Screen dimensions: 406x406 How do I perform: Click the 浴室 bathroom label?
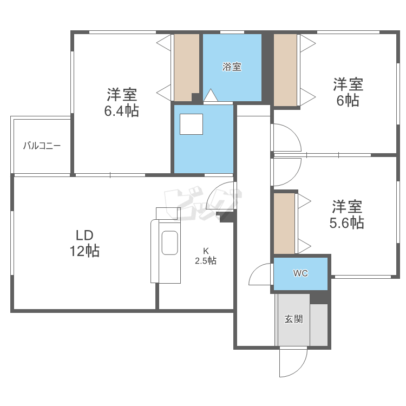coord(232,67)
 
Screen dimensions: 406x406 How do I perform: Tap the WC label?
coord(300,273)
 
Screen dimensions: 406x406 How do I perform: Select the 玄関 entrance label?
coord(293,319)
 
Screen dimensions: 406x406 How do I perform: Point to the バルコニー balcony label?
coord(42,146)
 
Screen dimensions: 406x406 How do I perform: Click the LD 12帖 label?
coord(84,243)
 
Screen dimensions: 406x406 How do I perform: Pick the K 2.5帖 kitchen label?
coord(206,256)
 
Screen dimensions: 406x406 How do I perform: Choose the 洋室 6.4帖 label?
coord(121,102)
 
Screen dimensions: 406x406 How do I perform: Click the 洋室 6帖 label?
coord(348,92)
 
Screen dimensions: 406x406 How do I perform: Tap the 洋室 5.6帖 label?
coord(347,214)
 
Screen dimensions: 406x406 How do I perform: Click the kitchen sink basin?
coord(170,243)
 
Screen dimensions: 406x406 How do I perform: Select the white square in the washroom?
coord(191,125)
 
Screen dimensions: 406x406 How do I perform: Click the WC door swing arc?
coord(260,274)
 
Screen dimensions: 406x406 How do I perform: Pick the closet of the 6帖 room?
coord(285,70)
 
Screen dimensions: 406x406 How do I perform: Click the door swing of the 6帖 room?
coord(285,139)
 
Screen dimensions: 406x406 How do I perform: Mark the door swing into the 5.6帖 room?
coord(285,172)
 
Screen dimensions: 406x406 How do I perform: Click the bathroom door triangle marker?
coord(210,95)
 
